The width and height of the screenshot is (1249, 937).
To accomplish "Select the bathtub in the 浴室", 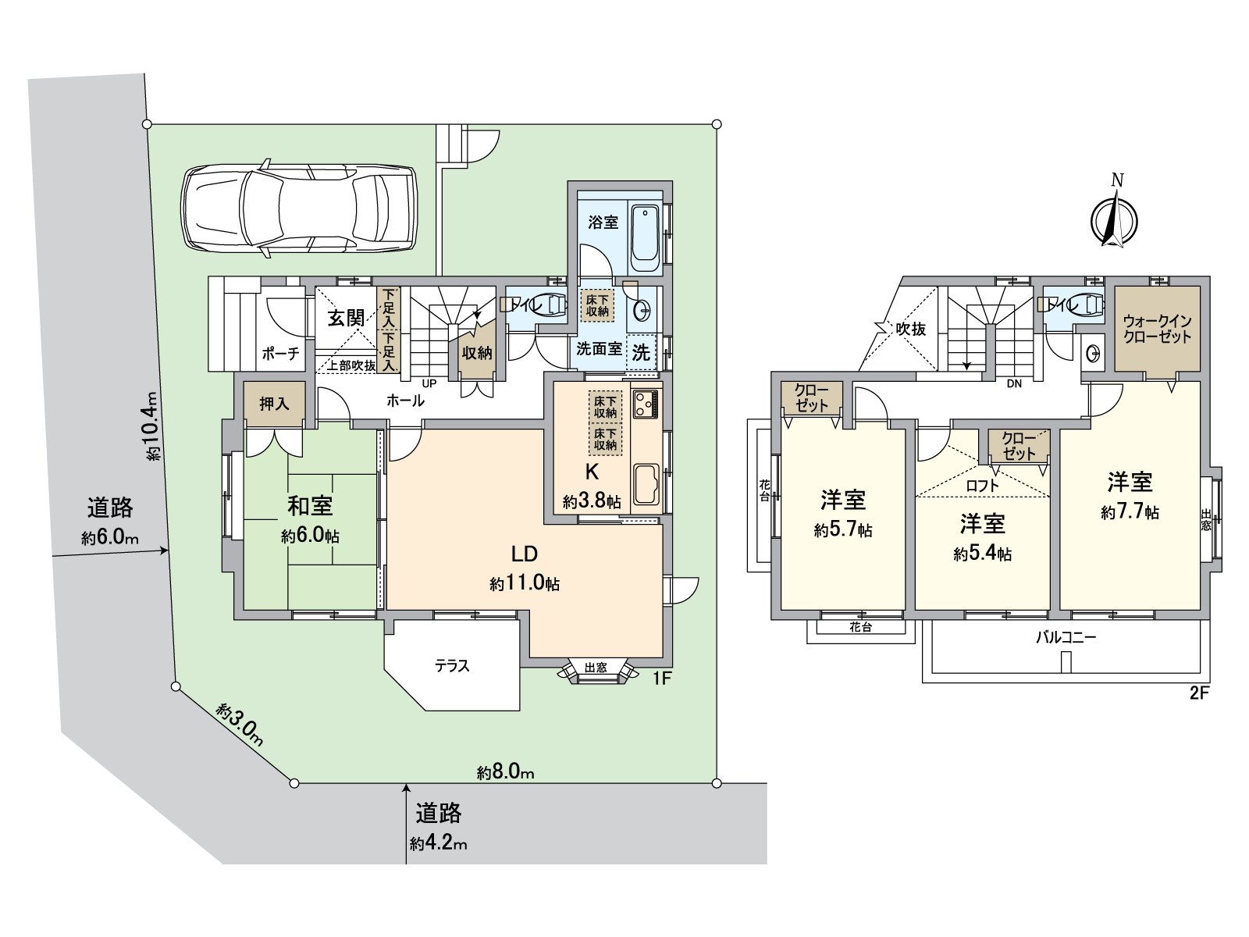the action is [645, 238].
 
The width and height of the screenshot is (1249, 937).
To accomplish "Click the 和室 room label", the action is [310, 506].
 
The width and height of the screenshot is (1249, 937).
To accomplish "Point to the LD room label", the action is [524, 554].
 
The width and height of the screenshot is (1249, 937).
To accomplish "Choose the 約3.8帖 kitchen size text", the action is [592, 501].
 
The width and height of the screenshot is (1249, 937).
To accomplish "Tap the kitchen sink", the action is [646, 484].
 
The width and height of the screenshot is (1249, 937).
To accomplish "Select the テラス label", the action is [451, 665].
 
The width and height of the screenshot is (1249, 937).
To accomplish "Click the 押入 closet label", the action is [274, 404].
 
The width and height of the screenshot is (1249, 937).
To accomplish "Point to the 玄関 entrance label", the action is [346, 318].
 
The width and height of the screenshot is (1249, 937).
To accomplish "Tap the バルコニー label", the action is [1066, 637].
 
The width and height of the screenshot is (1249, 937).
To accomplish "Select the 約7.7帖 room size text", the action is [1130, 512].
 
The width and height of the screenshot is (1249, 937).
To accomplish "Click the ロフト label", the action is [983, 485].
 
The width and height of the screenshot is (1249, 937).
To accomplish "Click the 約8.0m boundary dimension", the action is [505, 772].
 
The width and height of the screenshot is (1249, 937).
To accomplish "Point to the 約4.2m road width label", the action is [438, 843].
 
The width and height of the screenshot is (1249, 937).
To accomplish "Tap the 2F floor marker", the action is [1199, 694].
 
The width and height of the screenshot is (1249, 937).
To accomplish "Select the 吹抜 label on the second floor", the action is [911, 329].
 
